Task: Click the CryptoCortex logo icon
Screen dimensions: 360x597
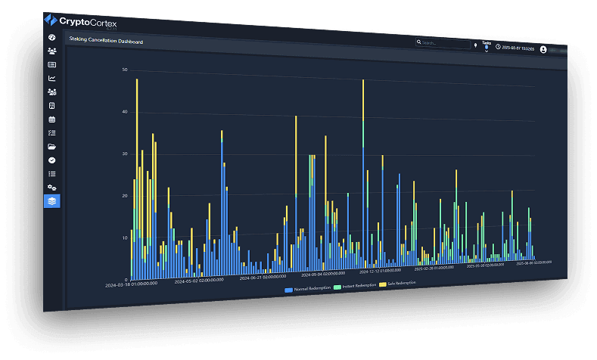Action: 51,20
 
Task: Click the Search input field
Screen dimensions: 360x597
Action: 445,43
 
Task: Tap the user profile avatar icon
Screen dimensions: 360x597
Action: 543,49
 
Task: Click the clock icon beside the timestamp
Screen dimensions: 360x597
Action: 498,47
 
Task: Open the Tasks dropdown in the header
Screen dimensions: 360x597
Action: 487,45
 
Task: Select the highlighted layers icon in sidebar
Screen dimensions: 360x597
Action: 51,201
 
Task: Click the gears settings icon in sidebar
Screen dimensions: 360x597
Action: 51,187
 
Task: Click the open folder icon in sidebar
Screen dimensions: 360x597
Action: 51,146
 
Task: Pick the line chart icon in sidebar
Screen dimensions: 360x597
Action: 51,78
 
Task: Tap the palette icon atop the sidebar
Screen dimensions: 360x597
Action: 51,37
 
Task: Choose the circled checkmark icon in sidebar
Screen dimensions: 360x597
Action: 51,160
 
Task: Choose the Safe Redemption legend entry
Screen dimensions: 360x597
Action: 399,284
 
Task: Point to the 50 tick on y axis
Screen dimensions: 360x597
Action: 124,70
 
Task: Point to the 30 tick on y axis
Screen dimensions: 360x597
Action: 124,154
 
